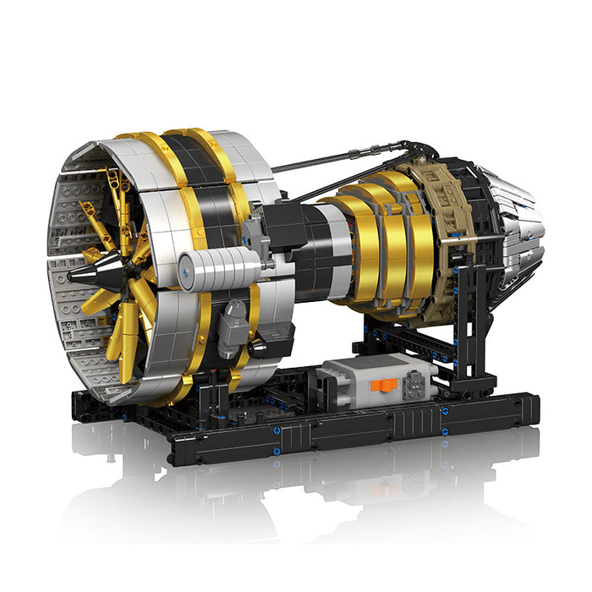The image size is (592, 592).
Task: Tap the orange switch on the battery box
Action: (387, 388)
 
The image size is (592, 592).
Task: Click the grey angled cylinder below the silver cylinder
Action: (232, 326)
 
